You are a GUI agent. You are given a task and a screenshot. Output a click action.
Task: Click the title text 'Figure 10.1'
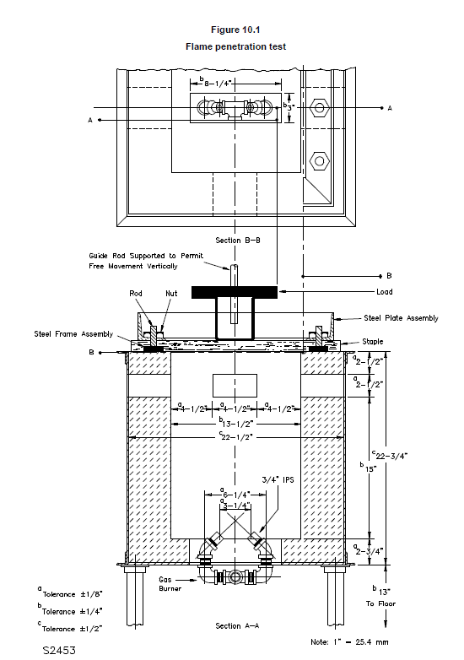[235, 30]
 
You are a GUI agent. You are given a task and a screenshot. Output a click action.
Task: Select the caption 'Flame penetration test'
[235, 46]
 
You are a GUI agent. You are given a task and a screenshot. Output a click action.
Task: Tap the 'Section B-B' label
[238, 241]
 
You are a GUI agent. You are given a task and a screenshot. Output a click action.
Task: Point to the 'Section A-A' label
[237, 626]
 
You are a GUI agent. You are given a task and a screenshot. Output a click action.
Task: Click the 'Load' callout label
[385, 292]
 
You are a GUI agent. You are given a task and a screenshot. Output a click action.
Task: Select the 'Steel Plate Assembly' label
[401, 318]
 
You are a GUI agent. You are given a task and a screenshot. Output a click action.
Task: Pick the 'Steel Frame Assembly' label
[73, 334]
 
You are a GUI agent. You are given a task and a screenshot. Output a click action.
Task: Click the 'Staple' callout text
[373, 341]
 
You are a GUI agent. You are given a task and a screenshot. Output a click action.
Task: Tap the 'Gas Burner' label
[170, 584]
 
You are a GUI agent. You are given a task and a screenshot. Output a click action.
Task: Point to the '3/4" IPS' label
[278, 480]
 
